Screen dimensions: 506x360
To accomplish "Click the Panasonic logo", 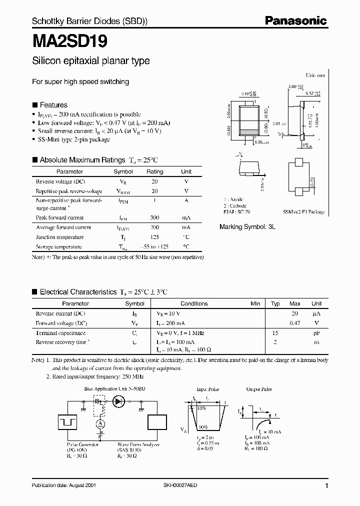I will pyautogui.click(x=295, y=20).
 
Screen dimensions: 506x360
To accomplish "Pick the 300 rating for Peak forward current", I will pyautogui.click(x=154, y=217).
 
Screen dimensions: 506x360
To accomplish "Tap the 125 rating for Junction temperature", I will pyautogui.click(x=154, y=237).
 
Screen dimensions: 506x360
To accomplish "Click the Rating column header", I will pyautogui.click(x=154, y=171).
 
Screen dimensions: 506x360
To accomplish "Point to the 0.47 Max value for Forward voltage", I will pyautogui.click(x=295, y=323).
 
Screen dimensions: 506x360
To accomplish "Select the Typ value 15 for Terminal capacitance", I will pyautogui.click(x=275, y=332).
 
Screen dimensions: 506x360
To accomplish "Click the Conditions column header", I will pyautogui.click(x=194, y=303).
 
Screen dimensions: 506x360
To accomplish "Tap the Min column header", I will pyautogui.click(x=255, y=303).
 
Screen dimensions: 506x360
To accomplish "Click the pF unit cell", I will pyautogui.click(x=316, y=332).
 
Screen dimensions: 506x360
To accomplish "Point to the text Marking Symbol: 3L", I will pyautogui.click(x=247, y=226).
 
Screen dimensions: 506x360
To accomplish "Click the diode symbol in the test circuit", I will pyautogui.click(x=119, y=400).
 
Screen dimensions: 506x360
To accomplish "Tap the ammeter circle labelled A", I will pyautogui.click(x=100, y=424).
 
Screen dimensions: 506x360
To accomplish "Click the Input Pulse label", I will pyautogui.click(x=208, y=388).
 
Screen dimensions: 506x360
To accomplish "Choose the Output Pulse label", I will pyautogui.click(x=258, y=388).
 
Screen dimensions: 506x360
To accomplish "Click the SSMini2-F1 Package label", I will pyautogui.click(x=303, y=212).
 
